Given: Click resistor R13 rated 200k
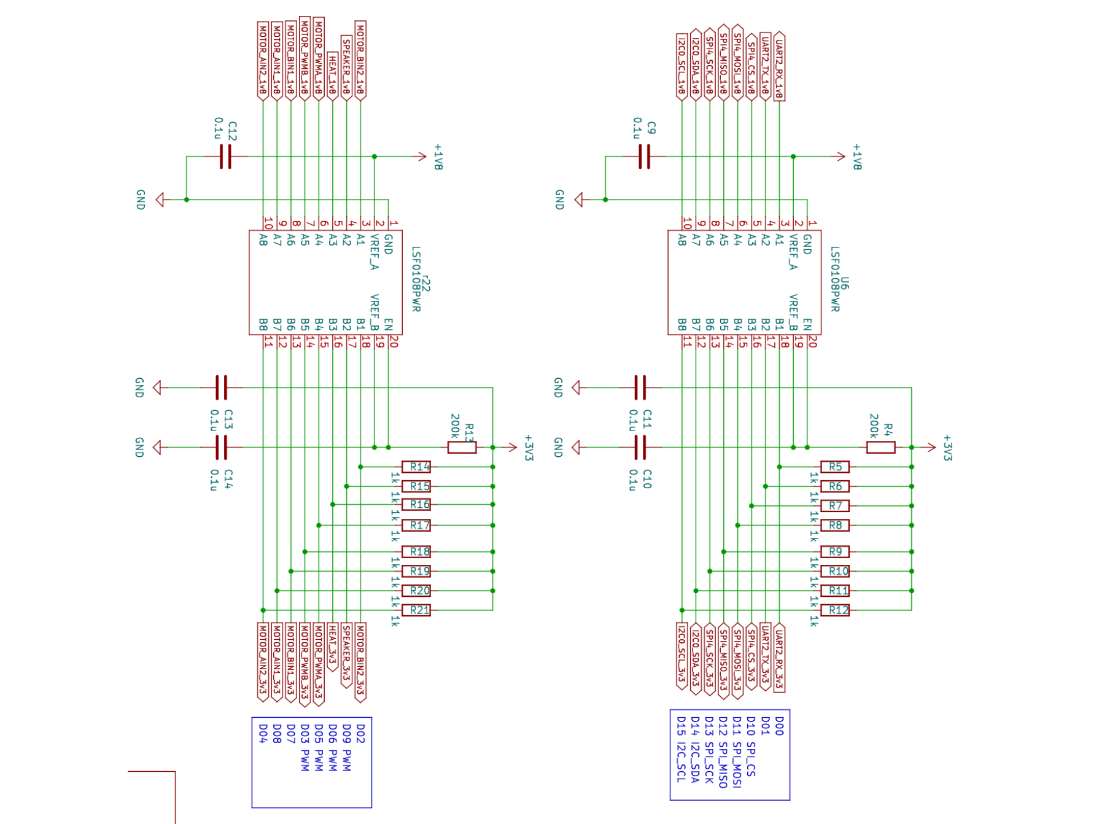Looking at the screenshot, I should [462, 448].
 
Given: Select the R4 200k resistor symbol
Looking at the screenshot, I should [880, 448].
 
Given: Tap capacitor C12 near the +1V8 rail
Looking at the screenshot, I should [225, 157].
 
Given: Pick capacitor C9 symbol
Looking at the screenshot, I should [644, 157].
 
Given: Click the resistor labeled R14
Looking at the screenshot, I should [416, 467].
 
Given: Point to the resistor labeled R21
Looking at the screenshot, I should [416, 610].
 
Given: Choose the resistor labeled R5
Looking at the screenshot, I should [835, 467].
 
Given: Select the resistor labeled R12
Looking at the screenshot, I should [835, 610].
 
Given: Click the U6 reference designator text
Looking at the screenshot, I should [845, 283].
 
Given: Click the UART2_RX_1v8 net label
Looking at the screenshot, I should [779, 66].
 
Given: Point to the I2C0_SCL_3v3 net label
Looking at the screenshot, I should [682, 656].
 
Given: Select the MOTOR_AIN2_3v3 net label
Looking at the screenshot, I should [263, 661].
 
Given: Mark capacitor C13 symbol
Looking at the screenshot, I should [221, 387].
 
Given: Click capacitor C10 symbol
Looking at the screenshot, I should [640, 448].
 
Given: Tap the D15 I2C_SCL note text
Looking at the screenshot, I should [681, 749].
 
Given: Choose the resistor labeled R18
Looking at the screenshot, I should [416, 551].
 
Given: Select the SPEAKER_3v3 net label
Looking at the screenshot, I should [346, 655].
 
